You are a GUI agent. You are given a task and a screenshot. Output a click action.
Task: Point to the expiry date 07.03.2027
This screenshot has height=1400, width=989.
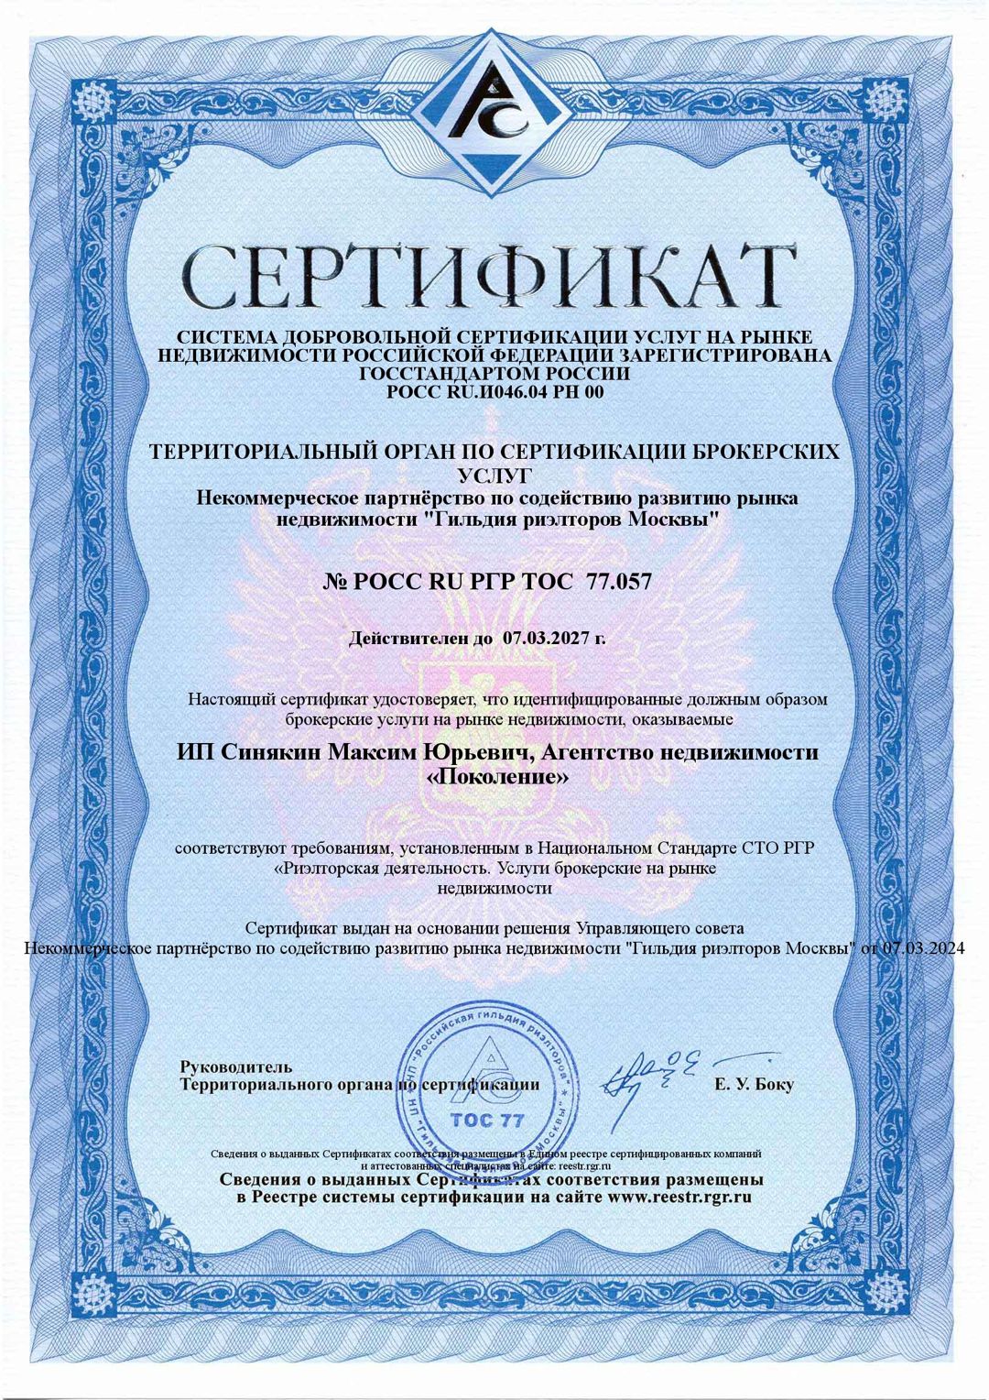point(547,638)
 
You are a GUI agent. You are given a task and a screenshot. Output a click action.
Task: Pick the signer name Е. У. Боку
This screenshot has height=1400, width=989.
point(754,1085)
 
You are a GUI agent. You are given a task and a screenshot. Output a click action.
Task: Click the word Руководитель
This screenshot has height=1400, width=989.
point(236,1066)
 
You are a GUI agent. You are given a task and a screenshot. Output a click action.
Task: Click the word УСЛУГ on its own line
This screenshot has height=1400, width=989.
point(494,476)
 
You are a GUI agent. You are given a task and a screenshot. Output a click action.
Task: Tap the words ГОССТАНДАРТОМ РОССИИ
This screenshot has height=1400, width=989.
point(495,375)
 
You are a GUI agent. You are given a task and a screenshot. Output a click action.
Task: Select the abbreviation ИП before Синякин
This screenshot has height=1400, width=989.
point(190,753)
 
